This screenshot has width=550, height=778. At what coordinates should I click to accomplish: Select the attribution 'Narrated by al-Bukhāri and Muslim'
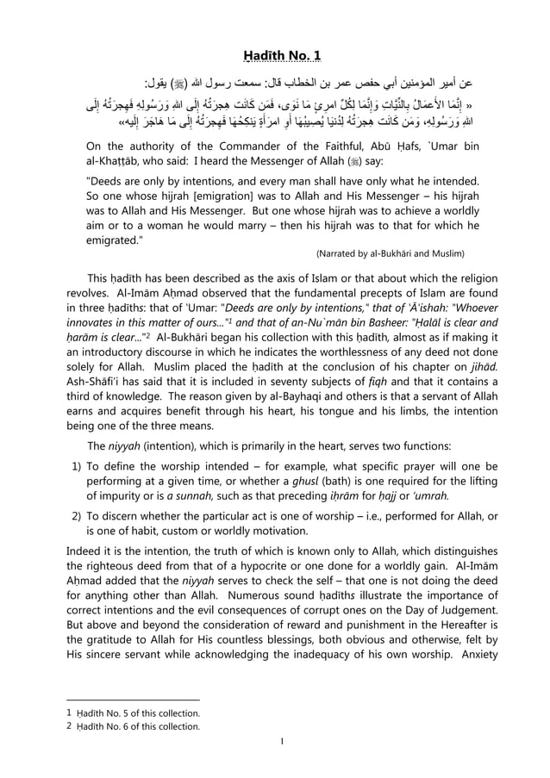pos(390,253)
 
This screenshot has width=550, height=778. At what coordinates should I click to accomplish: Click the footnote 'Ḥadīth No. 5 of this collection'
pos(138,713)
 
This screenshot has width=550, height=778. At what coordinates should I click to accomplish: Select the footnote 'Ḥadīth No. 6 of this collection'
pos(138,726)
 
